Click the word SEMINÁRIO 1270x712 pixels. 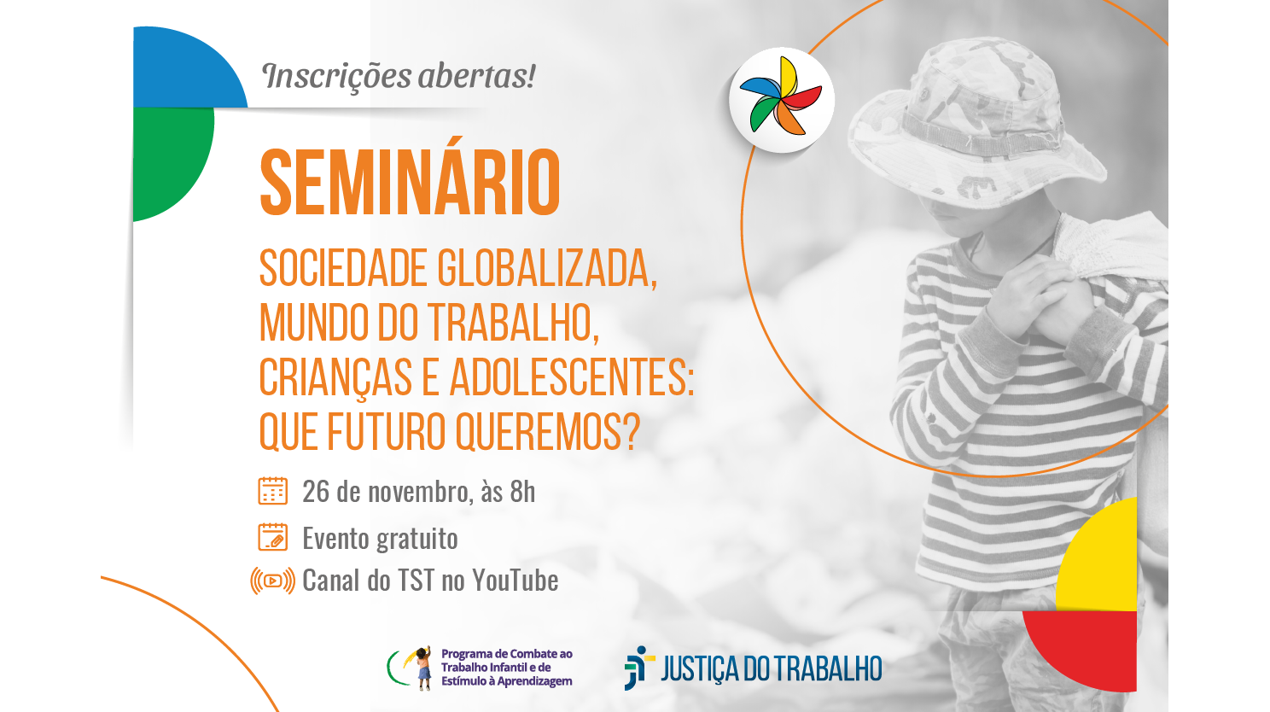tap(410, 183)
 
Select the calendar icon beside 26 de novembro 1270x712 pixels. tap(273, 491)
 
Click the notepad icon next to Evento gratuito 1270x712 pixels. tap(273, 538)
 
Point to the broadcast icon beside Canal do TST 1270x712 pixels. tap(272, 581)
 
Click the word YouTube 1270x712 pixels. tap(515, 581)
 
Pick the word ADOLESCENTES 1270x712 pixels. tap(571, 377)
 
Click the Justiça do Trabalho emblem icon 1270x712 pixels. tap(637, 668)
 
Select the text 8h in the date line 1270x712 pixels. tap(522, 492)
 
